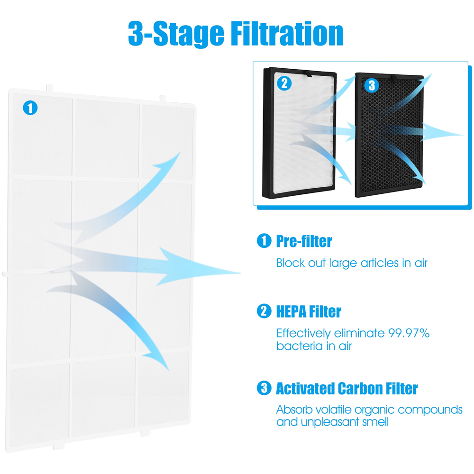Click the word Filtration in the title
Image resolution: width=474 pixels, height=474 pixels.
[287, 33]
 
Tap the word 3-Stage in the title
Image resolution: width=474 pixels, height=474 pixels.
[176, 34]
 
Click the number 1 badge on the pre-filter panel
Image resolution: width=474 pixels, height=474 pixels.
[30, 108]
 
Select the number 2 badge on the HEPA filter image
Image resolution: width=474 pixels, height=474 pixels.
[284, 83]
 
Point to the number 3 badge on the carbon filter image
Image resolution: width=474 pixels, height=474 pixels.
[372, 85]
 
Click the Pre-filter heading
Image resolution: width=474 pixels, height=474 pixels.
[304, 241]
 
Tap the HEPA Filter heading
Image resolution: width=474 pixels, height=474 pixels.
[309, 311]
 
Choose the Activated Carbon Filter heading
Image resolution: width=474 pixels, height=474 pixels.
[347, 389]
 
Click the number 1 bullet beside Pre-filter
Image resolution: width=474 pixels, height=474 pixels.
[264, 241]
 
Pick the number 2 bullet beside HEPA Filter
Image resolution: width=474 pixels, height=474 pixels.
[264, 311]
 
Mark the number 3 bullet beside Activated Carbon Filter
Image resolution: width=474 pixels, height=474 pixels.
[264, 388]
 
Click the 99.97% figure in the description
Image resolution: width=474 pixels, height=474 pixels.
[409, 333]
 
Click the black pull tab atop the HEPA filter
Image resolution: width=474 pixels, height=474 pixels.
[309, 74]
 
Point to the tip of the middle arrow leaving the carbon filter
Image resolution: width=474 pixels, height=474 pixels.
[463, 135]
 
